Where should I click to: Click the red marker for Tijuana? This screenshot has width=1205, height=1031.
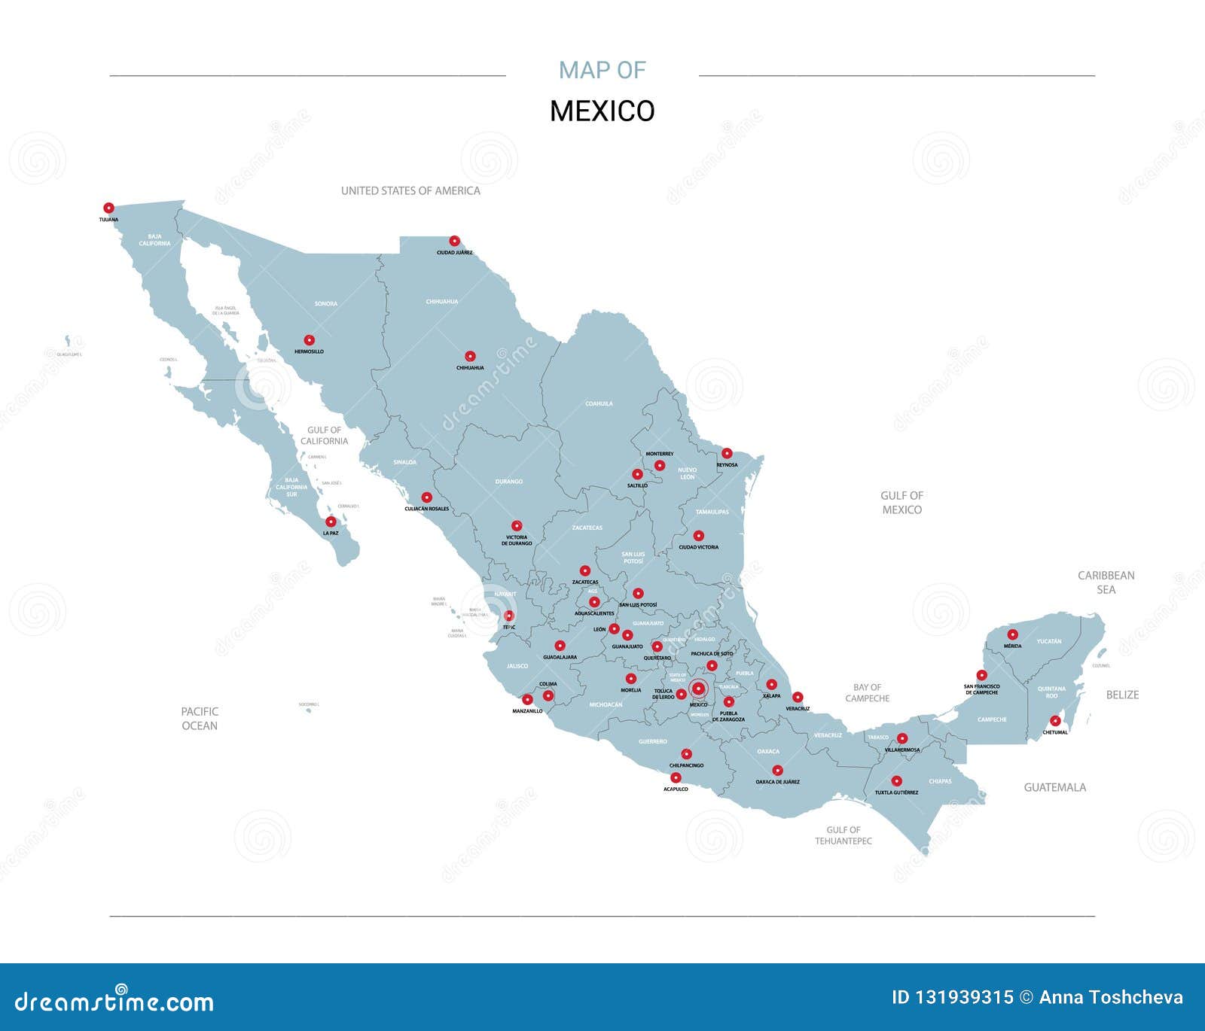pyautogui.click(x=108, y=208)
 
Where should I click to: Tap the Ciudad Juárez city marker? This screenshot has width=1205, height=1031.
pyautogui.click(x=454, y=241)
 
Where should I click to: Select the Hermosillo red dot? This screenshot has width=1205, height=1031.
pyautogui.click(x=309, y=340)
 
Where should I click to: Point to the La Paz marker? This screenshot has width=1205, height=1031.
pyautogui.click(x=331, y=522)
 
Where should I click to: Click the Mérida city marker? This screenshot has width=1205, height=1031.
pyautogui.click(x=1012, y=634)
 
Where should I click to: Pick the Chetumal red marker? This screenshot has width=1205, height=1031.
pyautogui.click(x=1055, y=721)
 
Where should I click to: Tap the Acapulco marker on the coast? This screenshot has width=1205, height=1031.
pyautogui.click(x=676, y=777)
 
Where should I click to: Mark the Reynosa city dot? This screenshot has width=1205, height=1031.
pyautogui.click(x=727, y=453)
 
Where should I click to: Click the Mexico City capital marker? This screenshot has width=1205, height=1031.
pyautogui.click(x=698, y=688)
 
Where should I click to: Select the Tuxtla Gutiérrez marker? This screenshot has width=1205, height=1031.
pyautogui.click(x=896, y=781)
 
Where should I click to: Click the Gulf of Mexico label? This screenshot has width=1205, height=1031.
pyautogui.click(x=901, y=503)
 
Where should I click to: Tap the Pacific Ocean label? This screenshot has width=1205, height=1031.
pyautogui.click(x=200, y=718)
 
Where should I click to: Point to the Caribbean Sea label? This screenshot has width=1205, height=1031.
pyautogui.click(x=1106, y=582)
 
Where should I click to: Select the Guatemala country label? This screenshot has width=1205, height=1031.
pyautogui.click(x=1054, y=787)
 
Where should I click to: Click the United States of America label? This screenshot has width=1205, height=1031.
pyautogui.click(x=410, y=190)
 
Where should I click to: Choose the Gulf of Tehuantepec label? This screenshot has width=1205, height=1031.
pyautogui.click(x=843, y=835)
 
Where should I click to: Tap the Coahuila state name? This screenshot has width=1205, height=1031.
pyautogui.click(x=599, y=403)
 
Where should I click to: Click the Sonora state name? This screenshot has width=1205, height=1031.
pyautogui.click(x=326, y=303)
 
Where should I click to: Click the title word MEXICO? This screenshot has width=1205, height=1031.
pyautogui.click(x=602, y=111)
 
